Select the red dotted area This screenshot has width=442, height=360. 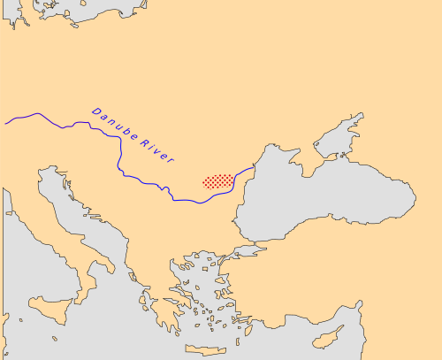[218, 180]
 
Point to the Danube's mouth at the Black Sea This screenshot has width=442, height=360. [255, 165]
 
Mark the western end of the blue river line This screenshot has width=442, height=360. [5, 123]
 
